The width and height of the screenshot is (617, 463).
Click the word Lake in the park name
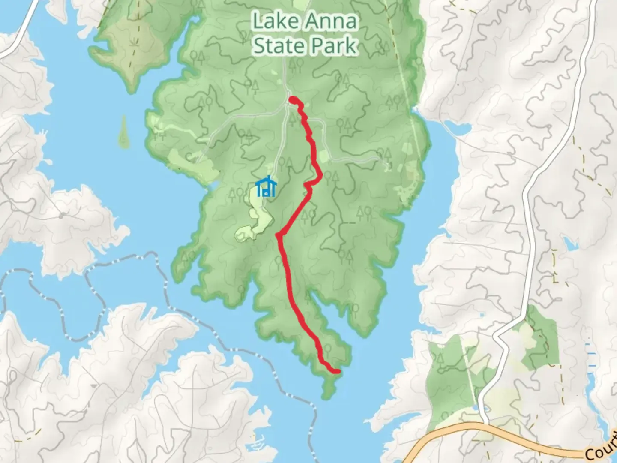pos(273,21)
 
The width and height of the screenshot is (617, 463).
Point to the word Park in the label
pos(337,45)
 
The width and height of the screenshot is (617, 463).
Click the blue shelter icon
pos(266,187)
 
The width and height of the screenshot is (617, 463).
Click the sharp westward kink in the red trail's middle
pos(279,235)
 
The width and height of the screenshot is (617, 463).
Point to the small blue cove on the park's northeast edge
pos(457,127)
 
